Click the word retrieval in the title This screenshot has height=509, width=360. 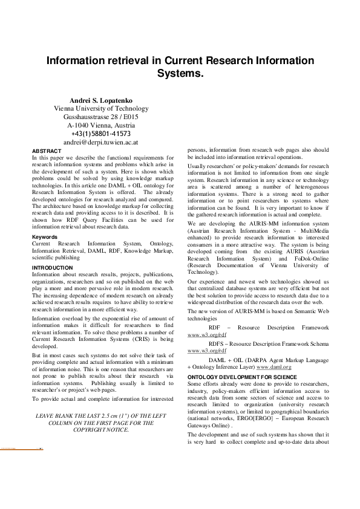click(131, 61)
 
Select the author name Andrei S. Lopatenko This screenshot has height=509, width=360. click(101, 100)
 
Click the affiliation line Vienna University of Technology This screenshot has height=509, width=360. click(101, 108)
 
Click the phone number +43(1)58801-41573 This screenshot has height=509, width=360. click(101, 134)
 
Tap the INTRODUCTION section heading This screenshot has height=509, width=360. click(52, 267)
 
